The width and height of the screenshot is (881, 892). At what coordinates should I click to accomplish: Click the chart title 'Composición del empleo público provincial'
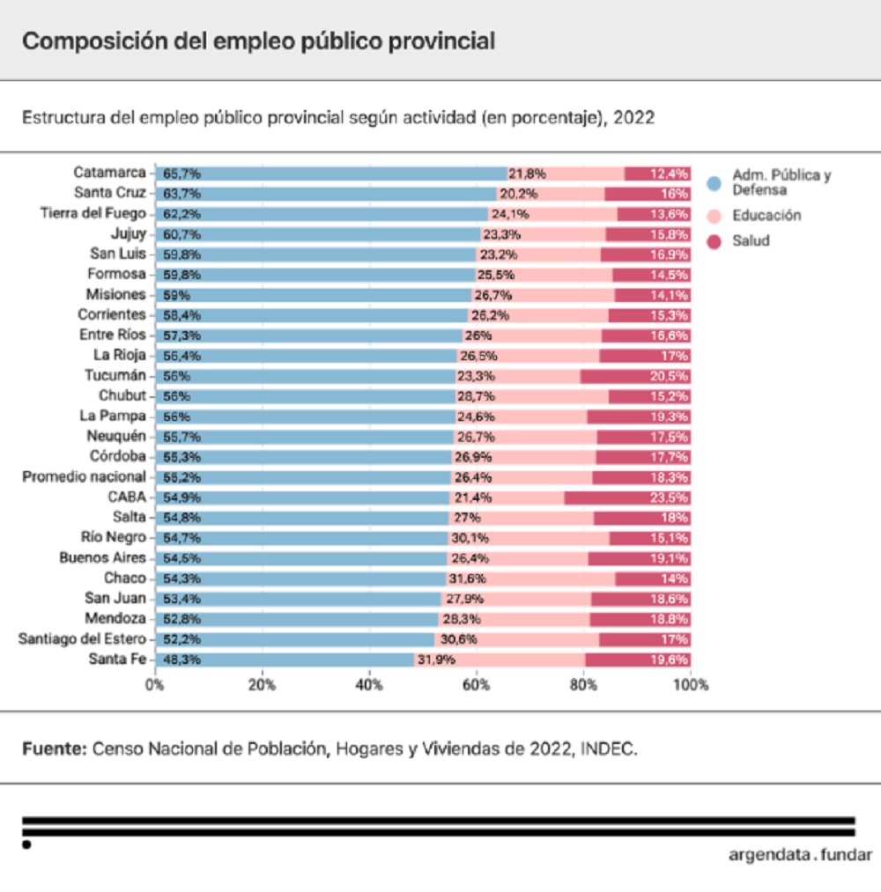point(258,41)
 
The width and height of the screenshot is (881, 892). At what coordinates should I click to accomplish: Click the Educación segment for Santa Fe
point(520,660)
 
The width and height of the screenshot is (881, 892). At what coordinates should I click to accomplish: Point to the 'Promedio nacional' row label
point(84,476)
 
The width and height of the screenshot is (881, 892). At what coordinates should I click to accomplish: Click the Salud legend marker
point(714,240)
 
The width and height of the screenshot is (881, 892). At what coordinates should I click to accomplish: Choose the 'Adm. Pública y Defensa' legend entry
point(781,181)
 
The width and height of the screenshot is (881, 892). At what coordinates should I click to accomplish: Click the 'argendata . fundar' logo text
point(800,854)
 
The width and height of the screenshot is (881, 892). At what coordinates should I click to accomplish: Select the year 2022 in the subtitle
point(633,118)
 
